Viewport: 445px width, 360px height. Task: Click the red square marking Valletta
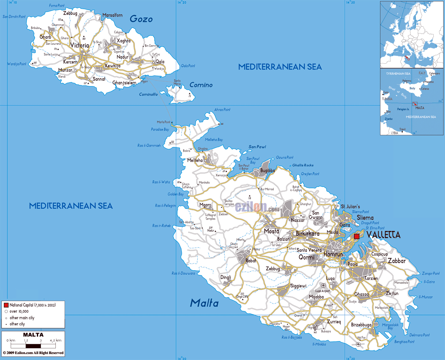(x=356, y=236)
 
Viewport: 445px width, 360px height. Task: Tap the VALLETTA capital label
(x=383, y=235)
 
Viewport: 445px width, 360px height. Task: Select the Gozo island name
(x=141, y=19)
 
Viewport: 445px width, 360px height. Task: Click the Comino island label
(x=201, y=85)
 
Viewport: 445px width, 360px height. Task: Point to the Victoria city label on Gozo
(x=79, y=45)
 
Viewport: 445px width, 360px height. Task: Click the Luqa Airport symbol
(x=323, y=286)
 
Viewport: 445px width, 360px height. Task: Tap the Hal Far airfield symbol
(x=358, y=344)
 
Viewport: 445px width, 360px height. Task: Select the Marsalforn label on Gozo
(x=113, y=15)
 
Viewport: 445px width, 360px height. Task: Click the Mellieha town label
(x=195, y=160)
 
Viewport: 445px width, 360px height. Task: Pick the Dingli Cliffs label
(x=242, y=296)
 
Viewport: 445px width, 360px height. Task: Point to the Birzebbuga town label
(x=361, y=325)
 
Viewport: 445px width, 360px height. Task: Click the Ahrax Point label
(x=222, y=110)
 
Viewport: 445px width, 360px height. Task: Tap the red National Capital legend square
(x=6, y=305)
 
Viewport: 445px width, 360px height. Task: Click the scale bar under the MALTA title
(x=33, y=346)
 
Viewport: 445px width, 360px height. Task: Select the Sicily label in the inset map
(x=412, y=88)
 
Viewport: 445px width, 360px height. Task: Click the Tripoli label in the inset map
(x=402, y=129)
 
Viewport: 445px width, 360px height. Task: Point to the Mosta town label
(x=271, y=231)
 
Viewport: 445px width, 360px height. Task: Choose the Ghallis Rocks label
(x=303, y=165)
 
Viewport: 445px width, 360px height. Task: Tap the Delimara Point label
(x=419, y=335)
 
